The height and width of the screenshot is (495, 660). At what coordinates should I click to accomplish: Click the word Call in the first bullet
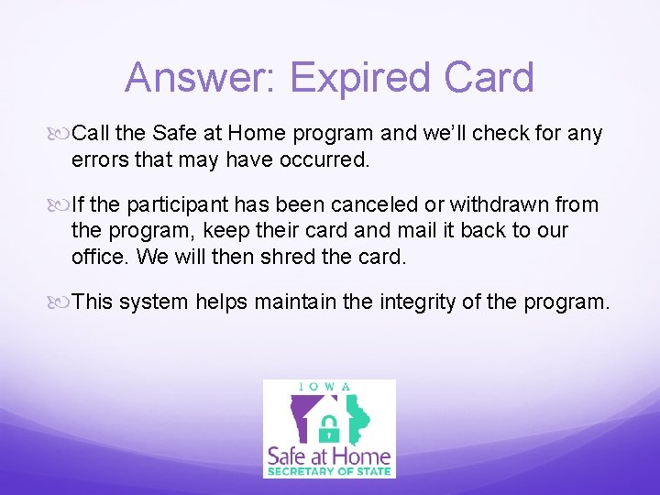tap(91, 134)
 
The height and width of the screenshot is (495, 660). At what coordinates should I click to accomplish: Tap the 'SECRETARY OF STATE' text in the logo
tap(329, 471)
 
